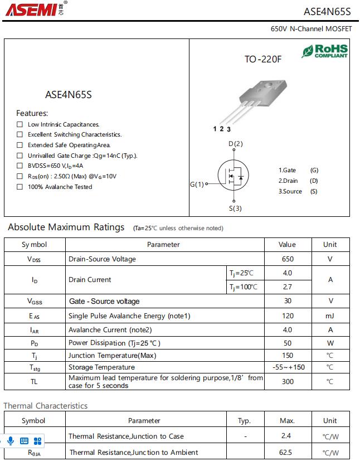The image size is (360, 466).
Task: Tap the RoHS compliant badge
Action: [325, 51]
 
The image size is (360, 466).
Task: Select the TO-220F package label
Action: [263, 59]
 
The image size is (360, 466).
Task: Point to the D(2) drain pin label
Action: [236, 144]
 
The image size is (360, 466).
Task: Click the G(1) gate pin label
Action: [197, 184]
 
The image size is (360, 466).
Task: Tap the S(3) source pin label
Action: [235, 208]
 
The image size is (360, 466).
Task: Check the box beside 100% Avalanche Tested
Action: [20, 187]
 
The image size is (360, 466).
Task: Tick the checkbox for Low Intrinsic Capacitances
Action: [20, 124]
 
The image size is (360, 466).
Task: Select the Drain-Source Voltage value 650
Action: [288, 259]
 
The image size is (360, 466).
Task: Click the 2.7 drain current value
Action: [288, 287]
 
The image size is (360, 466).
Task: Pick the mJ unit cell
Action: [330, 315]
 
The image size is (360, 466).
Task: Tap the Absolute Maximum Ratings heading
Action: [66, 227]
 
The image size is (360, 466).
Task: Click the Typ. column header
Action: [244, 421]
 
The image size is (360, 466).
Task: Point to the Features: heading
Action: [32, 113]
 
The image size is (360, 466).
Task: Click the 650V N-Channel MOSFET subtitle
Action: [311, 28]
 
